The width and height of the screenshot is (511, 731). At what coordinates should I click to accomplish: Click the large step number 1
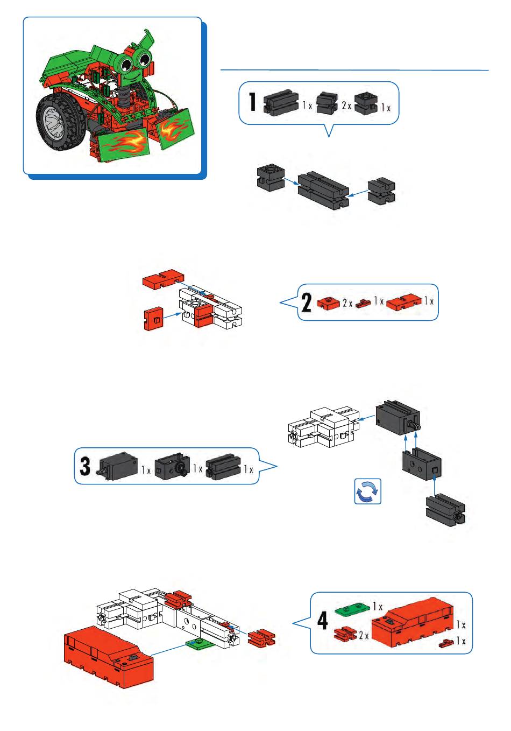(x=252, y=102)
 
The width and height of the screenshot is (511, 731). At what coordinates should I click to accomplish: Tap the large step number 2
(x=307, y=303)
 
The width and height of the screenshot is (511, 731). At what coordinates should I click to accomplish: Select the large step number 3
(x=85, y=466)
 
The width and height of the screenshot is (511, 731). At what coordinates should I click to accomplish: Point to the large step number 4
(x=323, y=621)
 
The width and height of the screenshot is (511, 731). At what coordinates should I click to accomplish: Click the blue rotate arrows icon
(x=367, y=491)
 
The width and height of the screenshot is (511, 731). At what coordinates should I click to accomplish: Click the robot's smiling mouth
(x=131, y=78)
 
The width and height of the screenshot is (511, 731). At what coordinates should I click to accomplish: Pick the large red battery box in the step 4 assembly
(x=109, y=657)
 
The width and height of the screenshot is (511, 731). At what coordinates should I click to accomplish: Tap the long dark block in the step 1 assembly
(x=323, y=190)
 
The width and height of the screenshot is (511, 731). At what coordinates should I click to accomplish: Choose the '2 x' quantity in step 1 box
(x=346, y=106)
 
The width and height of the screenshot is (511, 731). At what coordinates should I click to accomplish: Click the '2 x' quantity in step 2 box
(x=347, y=303)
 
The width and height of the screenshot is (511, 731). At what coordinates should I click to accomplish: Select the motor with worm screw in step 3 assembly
(x=398, y=420)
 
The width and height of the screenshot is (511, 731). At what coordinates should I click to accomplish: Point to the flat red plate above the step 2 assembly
(x=164, y=278)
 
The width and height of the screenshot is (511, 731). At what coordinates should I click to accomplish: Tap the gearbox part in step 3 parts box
(x=172, y=467)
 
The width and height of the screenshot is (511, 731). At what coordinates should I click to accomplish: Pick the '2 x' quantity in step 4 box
(x=364, y=635)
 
